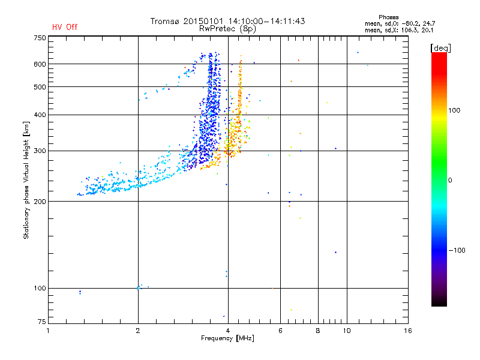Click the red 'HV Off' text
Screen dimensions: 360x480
65,27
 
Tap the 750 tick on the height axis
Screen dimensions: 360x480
40,38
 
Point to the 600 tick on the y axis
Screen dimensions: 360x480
40,64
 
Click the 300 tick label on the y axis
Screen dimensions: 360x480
40,151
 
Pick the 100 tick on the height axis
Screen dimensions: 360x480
40,288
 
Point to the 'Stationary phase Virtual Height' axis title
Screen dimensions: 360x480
26,180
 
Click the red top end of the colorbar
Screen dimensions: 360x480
439,55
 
